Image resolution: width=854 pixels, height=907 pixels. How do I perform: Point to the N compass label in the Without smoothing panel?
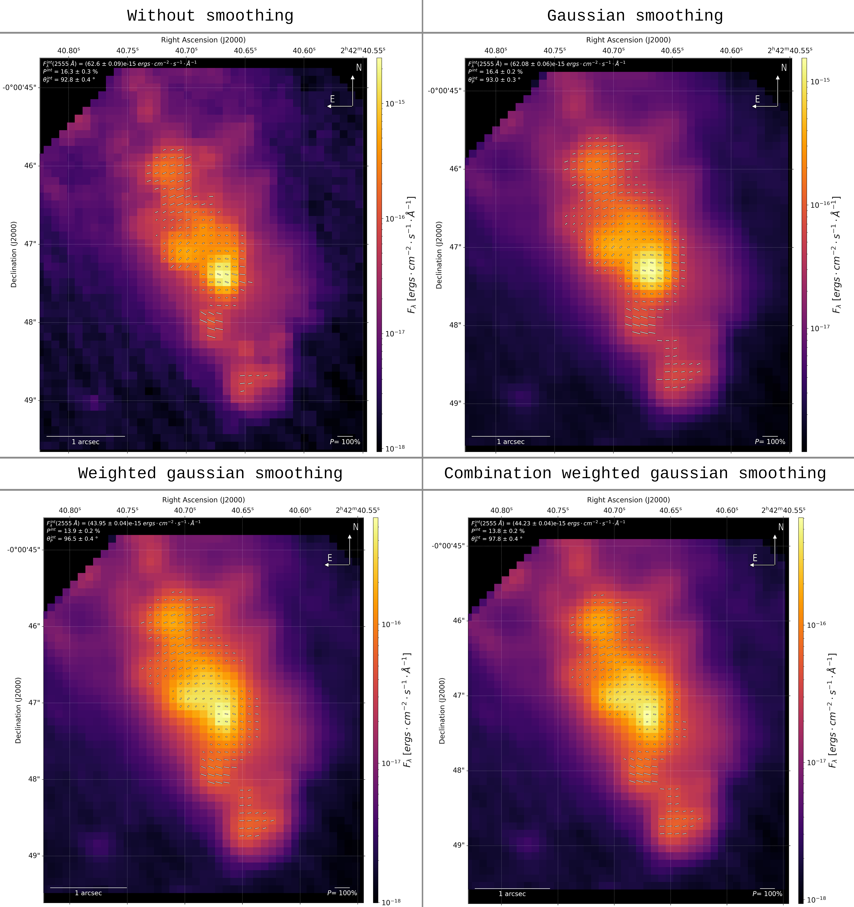point(359,67)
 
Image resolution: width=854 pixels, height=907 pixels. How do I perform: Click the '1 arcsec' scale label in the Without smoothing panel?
point(85,442)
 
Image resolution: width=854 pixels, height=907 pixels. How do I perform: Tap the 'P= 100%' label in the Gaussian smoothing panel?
point(770,442)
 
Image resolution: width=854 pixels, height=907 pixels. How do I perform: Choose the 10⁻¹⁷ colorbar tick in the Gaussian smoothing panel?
point(820,328)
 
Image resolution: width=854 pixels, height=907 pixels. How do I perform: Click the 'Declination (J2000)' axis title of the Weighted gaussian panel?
point(18,710)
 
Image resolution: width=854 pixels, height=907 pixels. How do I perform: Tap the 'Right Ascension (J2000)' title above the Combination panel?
point(628,500)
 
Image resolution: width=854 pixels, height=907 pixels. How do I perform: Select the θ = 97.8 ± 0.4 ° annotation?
point(497,539)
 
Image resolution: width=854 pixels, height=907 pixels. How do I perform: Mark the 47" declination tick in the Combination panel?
point(458,695)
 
